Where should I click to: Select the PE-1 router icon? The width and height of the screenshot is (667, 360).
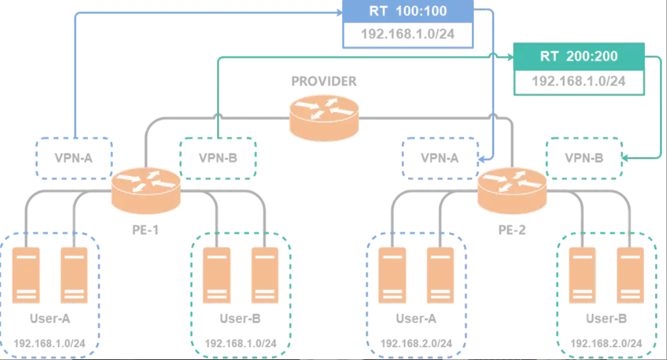pyautogui.click(x=146, y=189)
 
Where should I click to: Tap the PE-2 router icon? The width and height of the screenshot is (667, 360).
pyautogui.click(x=512, y=189)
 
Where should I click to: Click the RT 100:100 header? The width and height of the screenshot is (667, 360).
pyautogui.click(x=407, y=11)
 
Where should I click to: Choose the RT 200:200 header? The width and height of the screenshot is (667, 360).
pyautogui.click(x=579, y=56)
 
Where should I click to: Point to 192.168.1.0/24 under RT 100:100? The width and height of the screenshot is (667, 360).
pyautogui.click(x=407, y=34)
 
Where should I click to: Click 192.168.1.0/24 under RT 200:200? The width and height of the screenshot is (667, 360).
pyautogui.click(x=579, y=81)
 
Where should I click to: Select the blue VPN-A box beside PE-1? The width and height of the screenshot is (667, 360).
pyautogui.click(x=73, y=158)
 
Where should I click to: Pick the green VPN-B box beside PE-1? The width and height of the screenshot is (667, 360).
pyautogui.click(x=218, y=158)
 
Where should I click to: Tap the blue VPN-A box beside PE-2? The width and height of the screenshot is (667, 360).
pyautogui.click(x=439, y=158)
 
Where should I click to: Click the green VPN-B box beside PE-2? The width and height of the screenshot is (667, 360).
pyautogui.click(x=584, y=158)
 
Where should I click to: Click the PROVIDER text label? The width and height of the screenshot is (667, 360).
pyautogui.click(x=324, y=82)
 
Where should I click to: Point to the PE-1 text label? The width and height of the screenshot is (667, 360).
pyautogui.click(x=146, y=229)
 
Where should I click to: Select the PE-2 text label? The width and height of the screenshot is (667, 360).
pyautogui.click(x=512, y=229)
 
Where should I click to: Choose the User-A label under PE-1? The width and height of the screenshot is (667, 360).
pyautogui.click(x=50, y=319)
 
